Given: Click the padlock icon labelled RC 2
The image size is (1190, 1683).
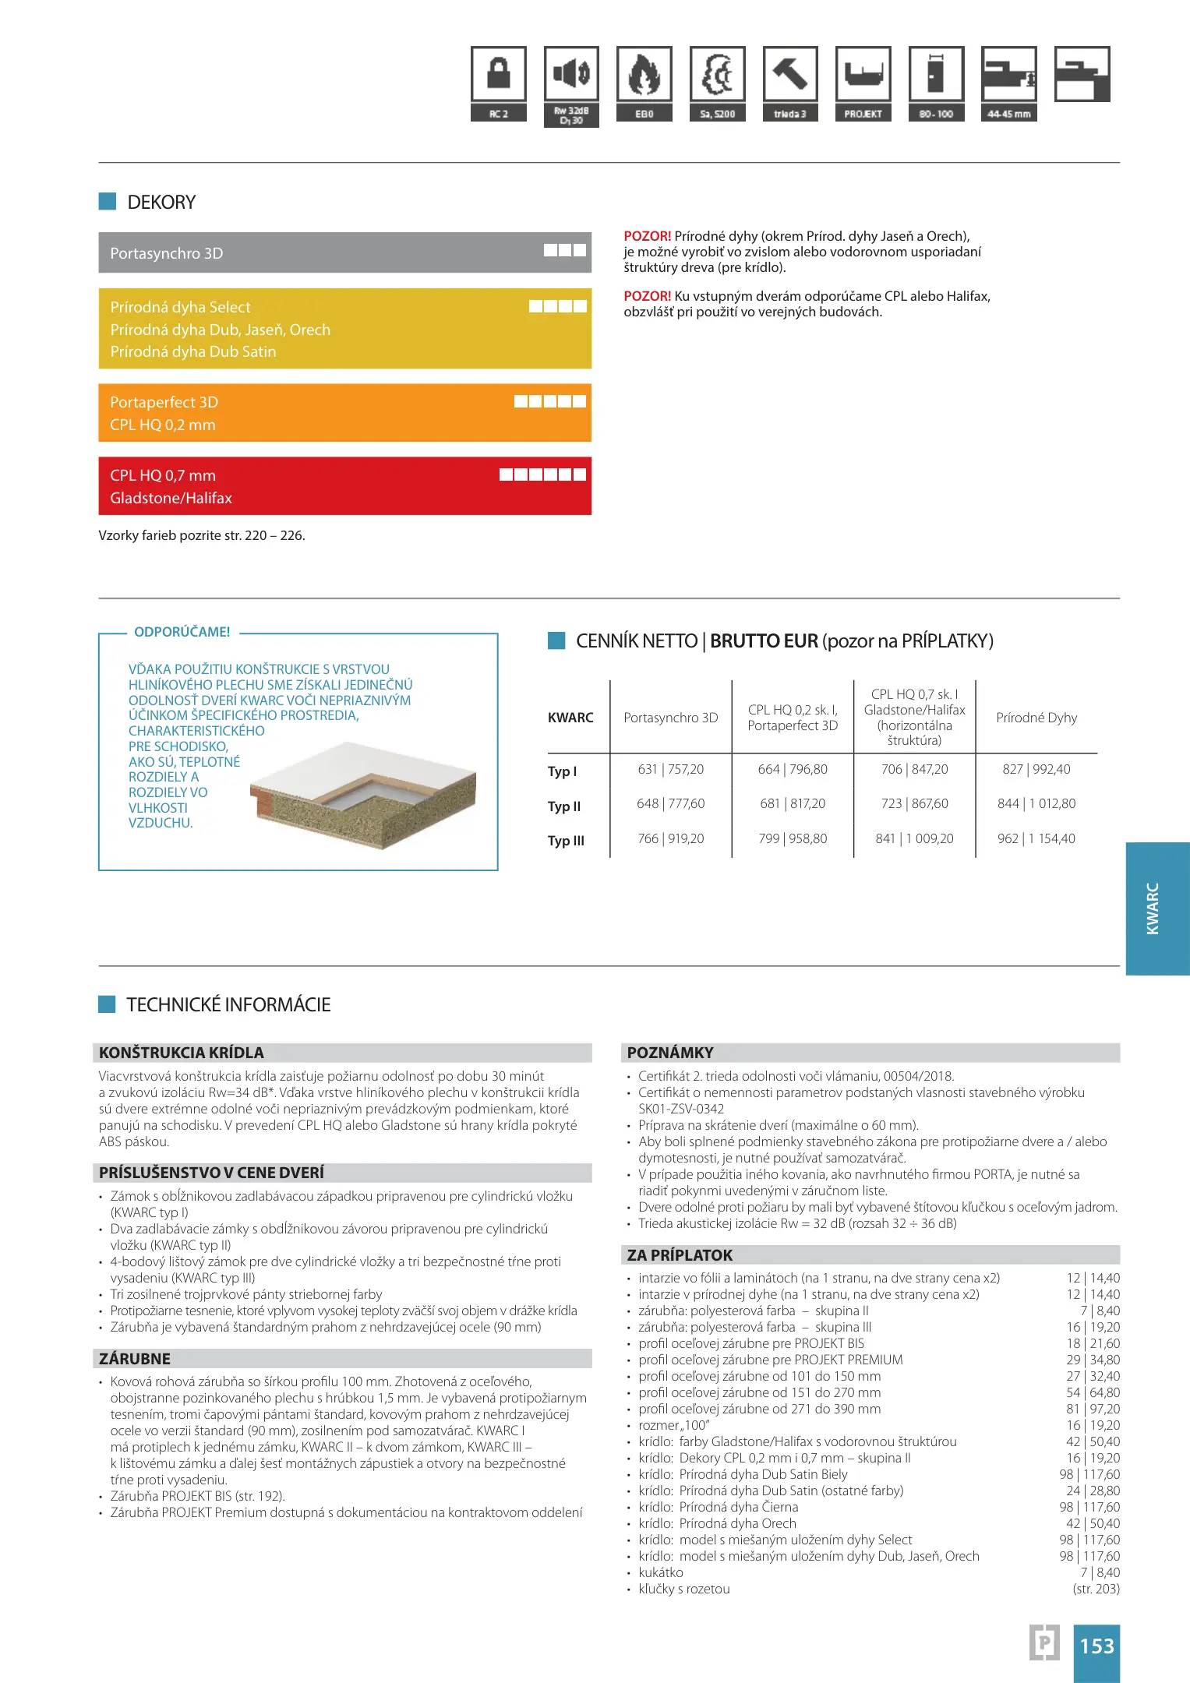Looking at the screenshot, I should (x=499, y=75).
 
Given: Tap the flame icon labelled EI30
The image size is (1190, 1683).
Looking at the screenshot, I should (x=644, y=75).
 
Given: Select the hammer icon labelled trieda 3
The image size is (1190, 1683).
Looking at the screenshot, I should (x=789, y=75).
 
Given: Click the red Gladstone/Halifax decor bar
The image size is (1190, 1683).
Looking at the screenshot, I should (x=344, y=486).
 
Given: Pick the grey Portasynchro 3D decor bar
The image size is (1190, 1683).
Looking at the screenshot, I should (x=344, y=252).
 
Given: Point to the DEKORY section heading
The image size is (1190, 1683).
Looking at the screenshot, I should (x=161, y=203).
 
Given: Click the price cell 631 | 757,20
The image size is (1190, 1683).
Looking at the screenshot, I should (x=670, y=770).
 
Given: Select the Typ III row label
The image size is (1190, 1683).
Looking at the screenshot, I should (x=566, y=841).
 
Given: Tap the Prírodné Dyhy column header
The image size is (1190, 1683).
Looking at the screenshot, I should (x=1036, y=718).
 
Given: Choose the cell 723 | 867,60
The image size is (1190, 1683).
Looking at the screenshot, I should (x=914, y=803).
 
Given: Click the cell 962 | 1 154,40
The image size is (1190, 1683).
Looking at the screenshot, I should (x=1036, y=838).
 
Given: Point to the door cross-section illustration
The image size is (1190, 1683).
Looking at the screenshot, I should (x=363, y=795).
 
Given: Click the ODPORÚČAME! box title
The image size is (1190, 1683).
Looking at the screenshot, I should (x=182, y=632).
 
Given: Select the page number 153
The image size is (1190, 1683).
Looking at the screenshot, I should (x=1096, y=1646).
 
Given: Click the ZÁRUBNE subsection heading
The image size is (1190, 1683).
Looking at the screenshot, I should (x=135, y=1359).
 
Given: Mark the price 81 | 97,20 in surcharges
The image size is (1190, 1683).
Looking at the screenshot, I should (x=1093, y=1409).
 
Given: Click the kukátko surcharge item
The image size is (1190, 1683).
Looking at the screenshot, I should (x=661, y=1572).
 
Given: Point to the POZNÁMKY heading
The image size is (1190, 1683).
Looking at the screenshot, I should (x=670, y=1053).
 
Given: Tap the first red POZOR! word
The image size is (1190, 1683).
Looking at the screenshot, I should (x=647, y=236).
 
